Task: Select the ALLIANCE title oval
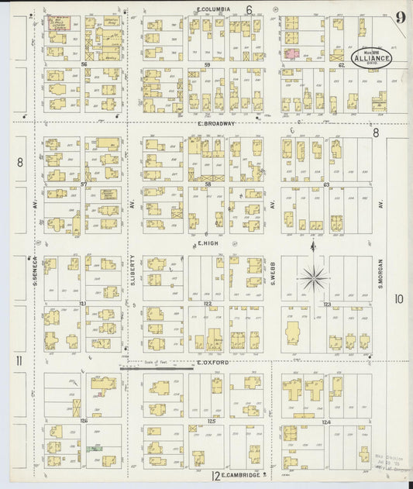(x=372, y=57)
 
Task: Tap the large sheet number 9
(x=399, y=18)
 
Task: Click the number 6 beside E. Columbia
(x=250, y=10)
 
